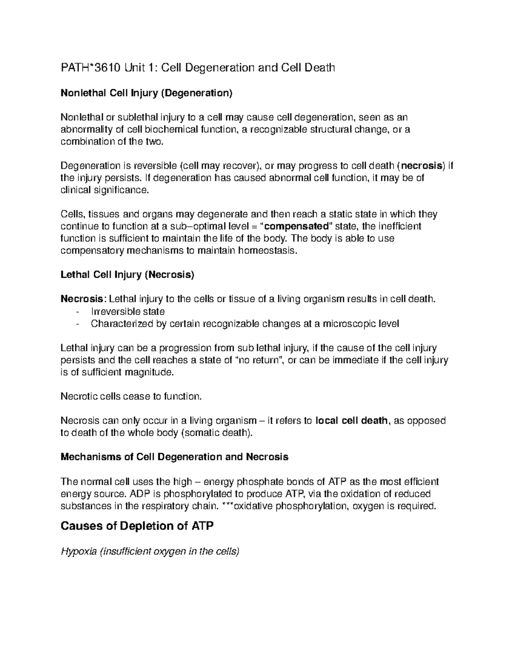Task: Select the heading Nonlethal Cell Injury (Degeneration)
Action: tap(146, 93)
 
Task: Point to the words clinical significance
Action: tap(105, 190)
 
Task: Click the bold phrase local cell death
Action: tap(351, 421)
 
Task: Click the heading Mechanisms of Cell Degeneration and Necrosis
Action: tap(175, 457)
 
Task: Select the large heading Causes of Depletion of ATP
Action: tap(137, 526)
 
